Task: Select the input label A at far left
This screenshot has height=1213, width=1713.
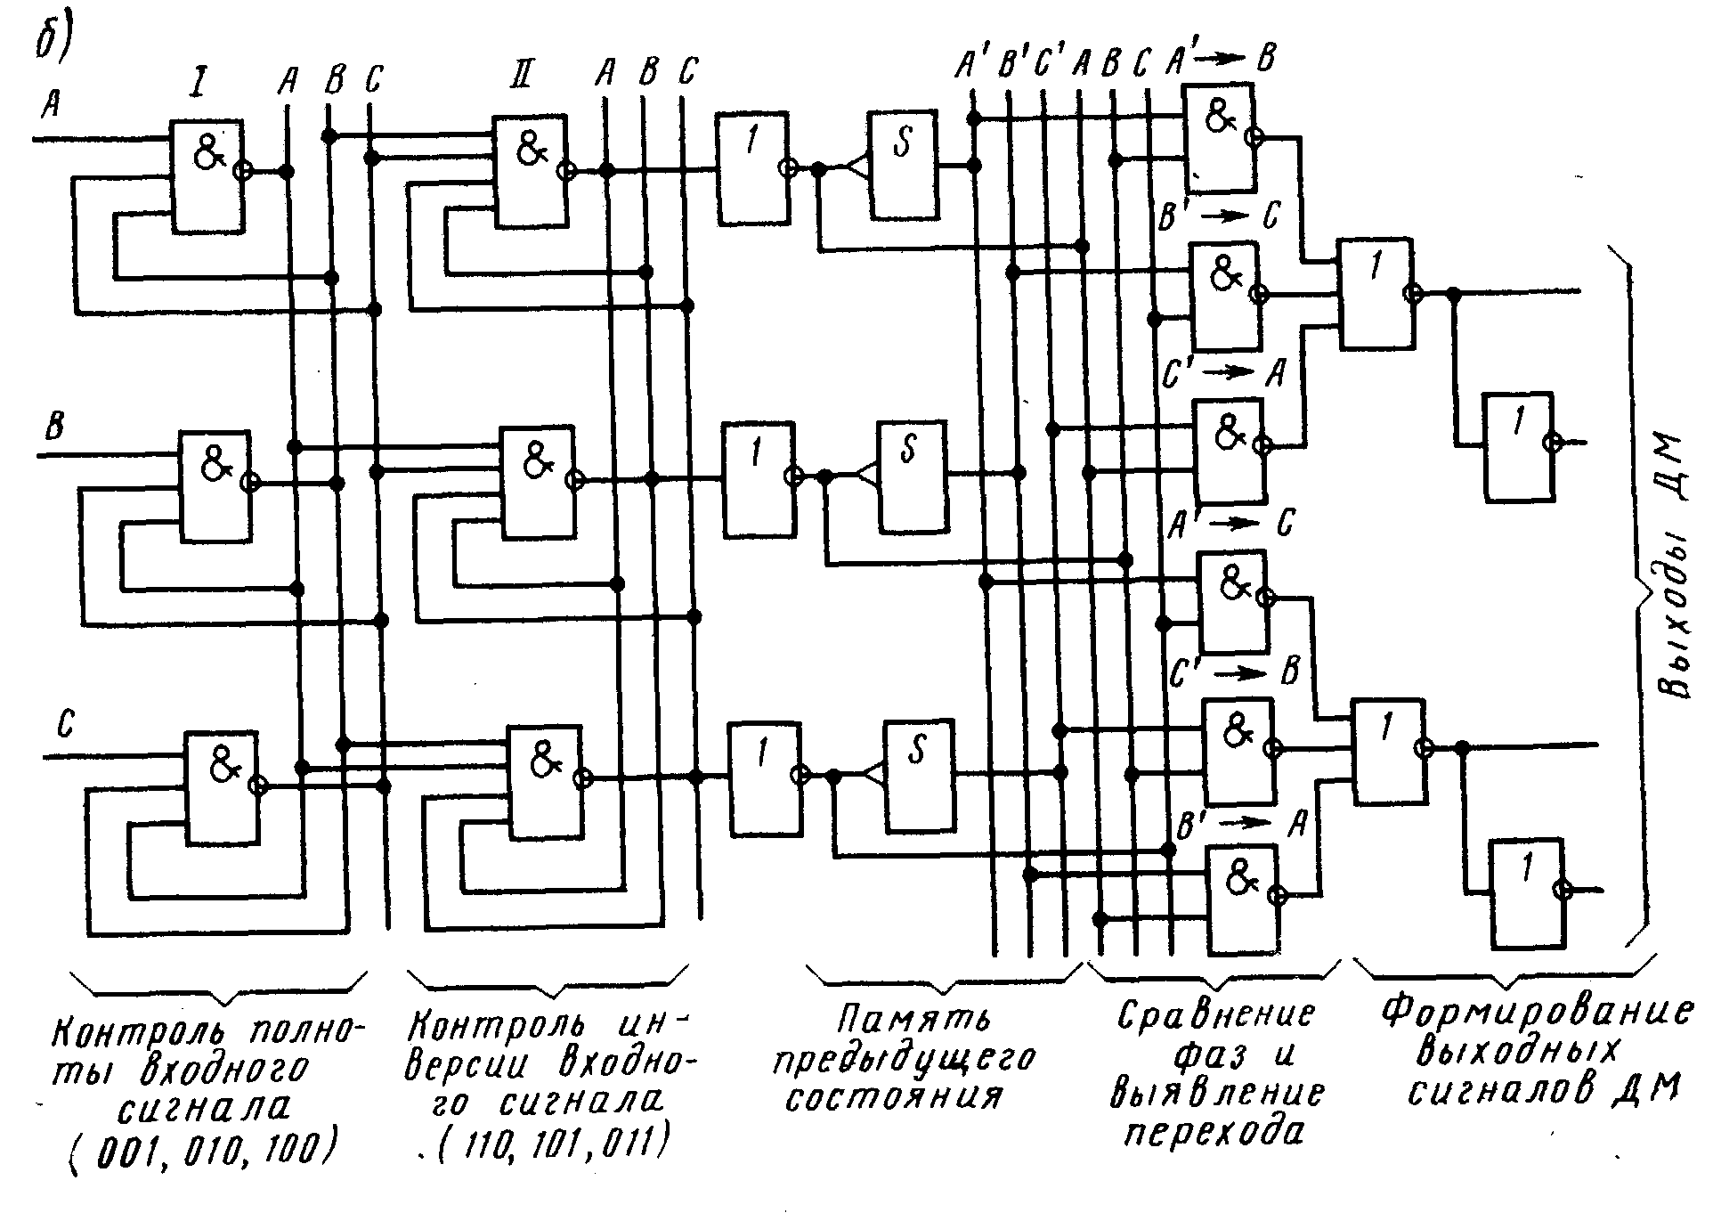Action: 50,106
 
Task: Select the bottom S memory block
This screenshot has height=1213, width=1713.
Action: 918,775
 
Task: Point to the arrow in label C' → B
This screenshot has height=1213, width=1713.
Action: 1239,673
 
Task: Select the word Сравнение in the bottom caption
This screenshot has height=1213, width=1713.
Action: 1215,1016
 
